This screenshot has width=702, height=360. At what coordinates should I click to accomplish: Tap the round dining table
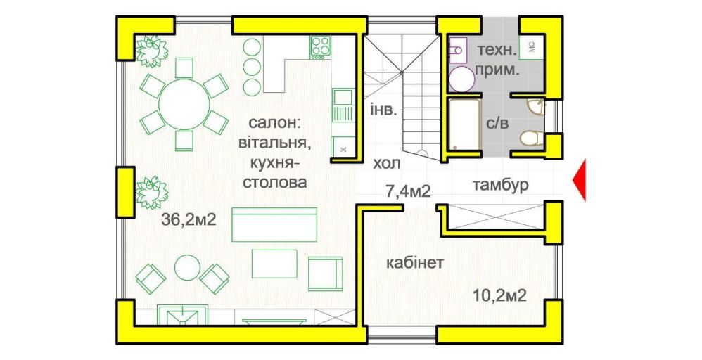pyautogui.click(x=184, y=105)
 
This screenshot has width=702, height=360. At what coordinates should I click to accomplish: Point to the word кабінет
pyautogui.click(x=415, y=262)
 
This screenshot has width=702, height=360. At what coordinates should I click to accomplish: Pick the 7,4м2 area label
pyautogui.click(x=408, y=192)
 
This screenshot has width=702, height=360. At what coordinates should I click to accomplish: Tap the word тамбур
pyautogui.click(x=500, y=184)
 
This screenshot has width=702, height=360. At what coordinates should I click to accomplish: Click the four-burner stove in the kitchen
pyautogui.click(x=321, y=47)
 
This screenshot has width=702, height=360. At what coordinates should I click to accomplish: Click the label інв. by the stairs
pyautogui.click(x=383, y=110)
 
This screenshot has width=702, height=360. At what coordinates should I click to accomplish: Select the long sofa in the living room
pyautogui.click(x=274, y=225)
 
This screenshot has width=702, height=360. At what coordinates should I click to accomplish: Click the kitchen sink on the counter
pyautogui.click(x=343, y=105)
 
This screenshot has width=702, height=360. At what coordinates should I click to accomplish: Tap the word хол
pyautogui.click(x=387, y=164)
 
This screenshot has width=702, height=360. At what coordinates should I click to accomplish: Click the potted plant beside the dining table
pyautogui.click(x=152, y=51)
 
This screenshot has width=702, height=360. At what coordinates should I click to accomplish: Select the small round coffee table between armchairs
pyautogui.click(x=187, y=268)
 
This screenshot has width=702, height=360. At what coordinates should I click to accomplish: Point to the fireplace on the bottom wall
pyautogui.click(x=184, y=315)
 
